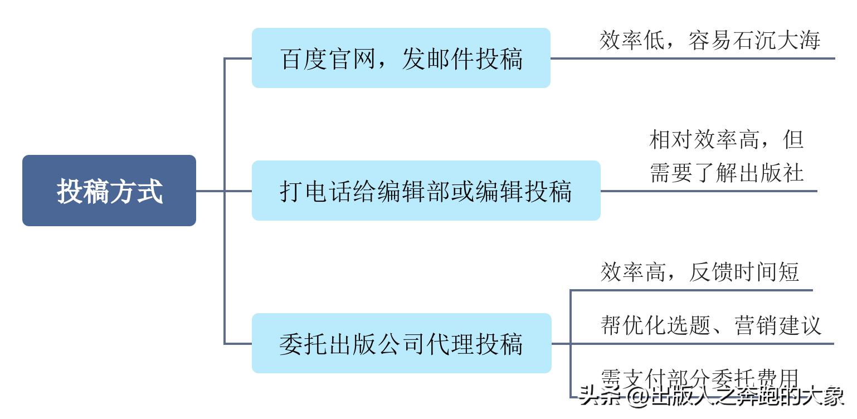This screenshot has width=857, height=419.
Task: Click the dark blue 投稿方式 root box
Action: (109, 191)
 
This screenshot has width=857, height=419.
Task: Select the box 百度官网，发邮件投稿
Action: (401, 58)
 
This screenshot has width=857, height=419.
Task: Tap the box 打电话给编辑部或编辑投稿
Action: (426, 191)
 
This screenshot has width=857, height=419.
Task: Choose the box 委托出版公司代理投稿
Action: (401, 343)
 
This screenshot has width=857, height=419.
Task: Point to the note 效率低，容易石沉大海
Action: (709, 41)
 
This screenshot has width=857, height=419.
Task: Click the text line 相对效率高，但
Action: (726, 139)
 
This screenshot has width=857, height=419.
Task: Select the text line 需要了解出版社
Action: (726, 173)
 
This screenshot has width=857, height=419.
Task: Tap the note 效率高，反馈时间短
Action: (700, 272)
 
